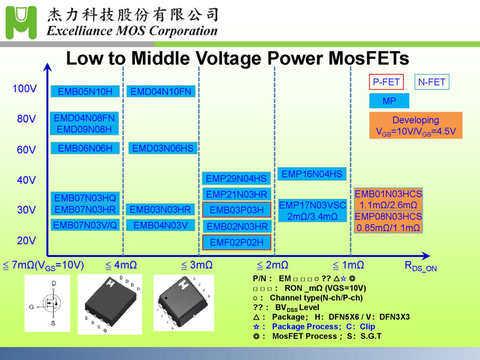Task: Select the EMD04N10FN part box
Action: tap(161, 92)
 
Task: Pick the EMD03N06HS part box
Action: tap(162, 148)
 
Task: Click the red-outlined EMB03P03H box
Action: tap(237, 210)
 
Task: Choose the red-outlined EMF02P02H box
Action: tap(237, 242)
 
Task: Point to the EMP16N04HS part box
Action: tap(312, 174)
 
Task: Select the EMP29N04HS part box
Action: tap(236, 178)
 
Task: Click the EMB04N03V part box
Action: tap(160, 225)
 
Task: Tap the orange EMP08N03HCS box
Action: tap(388, 222)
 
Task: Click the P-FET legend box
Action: tap(386, 82)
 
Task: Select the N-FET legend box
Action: tap(432, 82)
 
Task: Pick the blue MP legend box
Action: tap(389, 101)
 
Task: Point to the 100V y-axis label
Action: tap(24, 89)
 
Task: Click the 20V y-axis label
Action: tap(26, 241)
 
